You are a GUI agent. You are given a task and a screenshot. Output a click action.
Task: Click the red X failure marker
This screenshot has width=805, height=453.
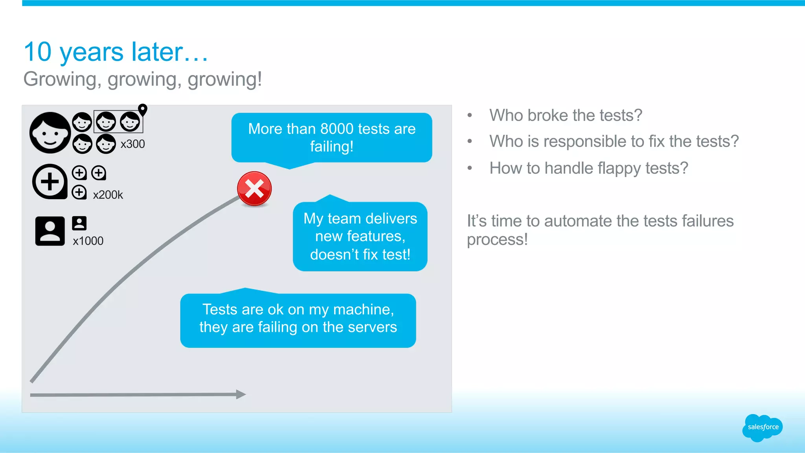(x=254, y=189)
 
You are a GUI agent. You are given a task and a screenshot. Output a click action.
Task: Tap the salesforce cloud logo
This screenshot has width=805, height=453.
(x=763, y=427)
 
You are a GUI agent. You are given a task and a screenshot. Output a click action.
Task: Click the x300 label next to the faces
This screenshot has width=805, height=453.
(x=132, y=144)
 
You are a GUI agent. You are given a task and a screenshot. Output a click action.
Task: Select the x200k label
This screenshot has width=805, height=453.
(x=108, y=195)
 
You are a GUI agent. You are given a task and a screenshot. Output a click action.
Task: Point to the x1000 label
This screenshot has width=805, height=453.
(x=88, y=241)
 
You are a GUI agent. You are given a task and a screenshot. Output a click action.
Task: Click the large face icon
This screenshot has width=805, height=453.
(x=50, y=133)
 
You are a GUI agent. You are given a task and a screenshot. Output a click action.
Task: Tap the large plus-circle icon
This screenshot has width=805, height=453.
(x=50, y=182)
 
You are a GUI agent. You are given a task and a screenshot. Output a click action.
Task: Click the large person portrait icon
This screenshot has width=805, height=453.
(x=50, y=231)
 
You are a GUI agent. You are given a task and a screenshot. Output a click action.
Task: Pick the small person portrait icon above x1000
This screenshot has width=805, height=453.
(x=79, y=223)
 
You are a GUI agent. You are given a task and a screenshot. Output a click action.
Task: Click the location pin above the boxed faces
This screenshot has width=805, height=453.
(x=143, y=110)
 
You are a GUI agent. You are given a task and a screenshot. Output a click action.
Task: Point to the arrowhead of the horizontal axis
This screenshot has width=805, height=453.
(x=241, y=394)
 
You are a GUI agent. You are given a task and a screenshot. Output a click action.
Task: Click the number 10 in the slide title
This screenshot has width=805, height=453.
(x=38, y=52)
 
